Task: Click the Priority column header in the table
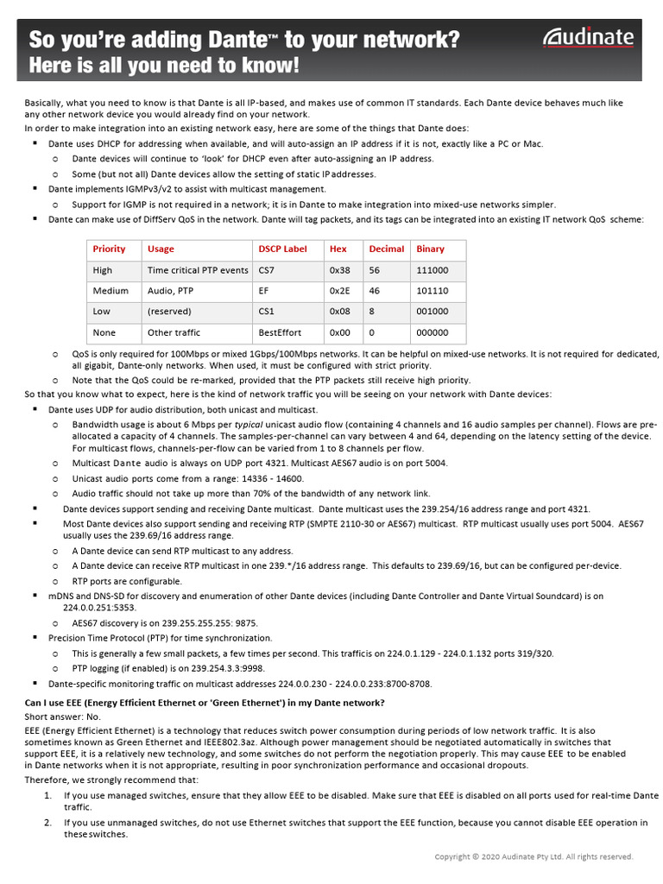click(x=109, y=249)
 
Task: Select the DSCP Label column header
click(x=282, y=249)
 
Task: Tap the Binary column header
click(x=431, y=249)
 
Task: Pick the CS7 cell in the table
click(x=267, y=270)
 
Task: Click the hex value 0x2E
click(x=339, y=291)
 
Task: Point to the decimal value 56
click(x=375, y=270)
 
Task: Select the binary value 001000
click(x=433, y=312)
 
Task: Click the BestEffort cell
click(x=281, y=332)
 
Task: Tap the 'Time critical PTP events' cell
click(x=198, y=270)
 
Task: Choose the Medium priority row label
click(x=110, y=291)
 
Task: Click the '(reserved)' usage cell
click(x=169, y=312)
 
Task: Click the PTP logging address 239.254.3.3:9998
click(x=218, y=667)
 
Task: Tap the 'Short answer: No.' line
click(x=62, y=717)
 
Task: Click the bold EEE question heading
click(x=205, y=703)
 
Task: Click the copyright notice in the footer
click(x=533, y=856)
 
